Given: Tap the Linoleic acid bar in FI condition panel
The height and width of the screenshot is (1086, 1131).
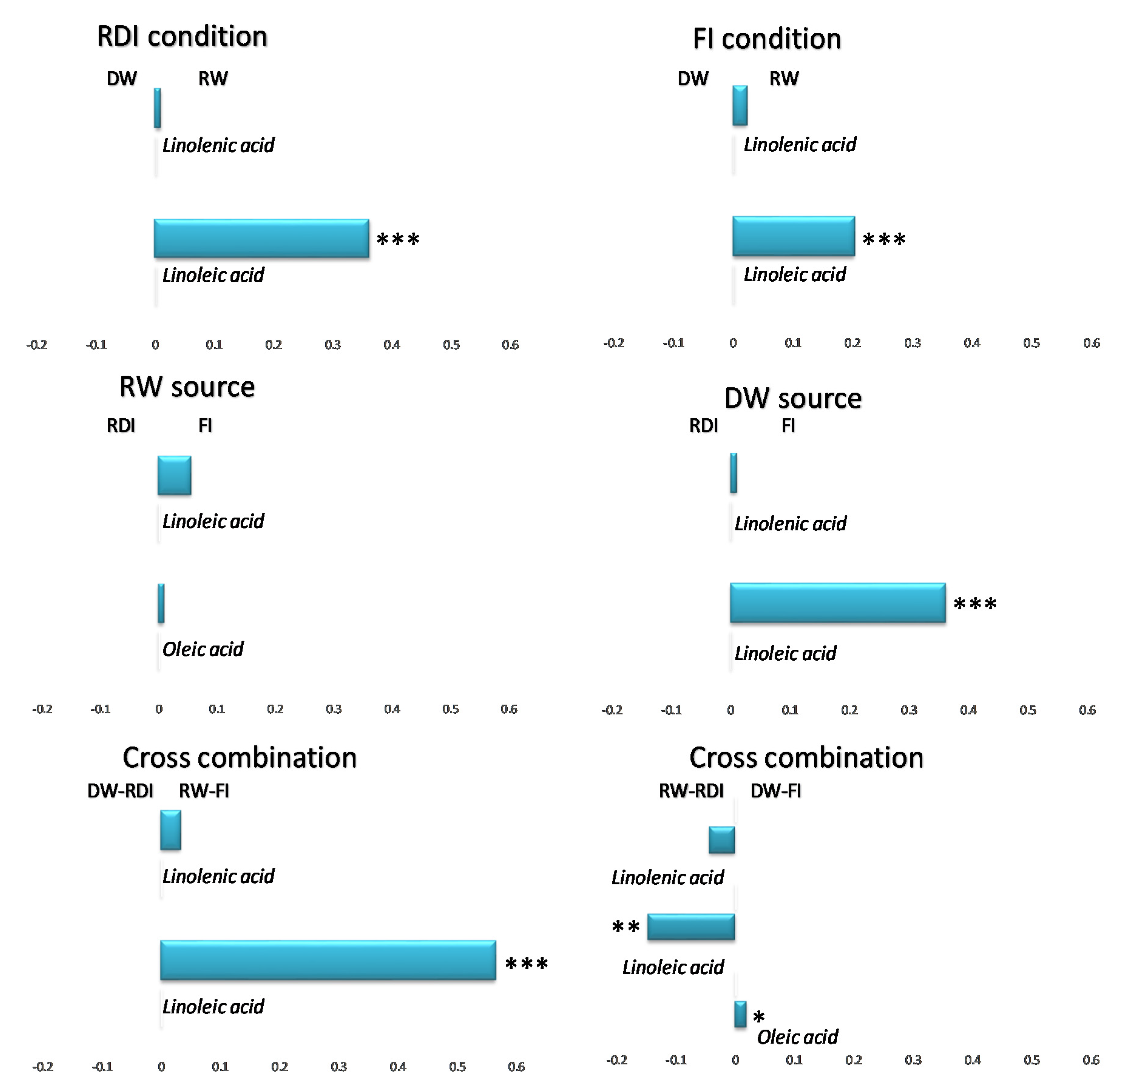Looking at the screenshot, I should coord(793,236).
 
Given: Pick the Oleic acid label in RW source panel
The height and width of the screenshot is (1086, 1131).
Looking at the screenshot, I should coord(203,649).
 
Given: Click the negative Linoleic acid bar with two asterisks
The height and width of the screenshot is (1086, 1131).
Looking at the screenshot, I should coord(691,927).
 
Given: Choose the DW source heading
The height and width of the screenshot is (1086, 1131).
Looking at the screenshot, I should coord(792,398).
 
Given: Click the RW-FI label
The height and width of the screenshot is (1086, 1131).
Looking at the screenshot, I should coord(204,791).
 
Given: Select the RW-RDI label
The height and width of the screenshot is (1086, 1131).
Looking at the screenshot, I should coord(691,791).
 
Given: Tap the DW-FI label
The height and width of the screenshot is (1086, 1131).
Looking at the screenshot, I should coord(775,791).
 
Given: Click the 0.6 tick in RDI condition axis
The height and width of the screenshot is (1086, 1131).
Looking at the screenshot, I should coord(510,345).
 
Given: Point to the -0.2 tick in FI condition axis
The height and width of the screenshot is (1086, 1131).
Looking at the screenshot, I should coord(613,343).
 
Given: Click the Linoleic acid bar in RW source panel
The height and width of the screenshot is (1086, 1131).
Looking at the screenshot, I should coord(174,475).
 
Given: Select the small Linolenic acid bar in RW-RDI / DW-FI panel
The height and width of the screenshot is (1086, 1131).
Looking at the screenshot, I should coord(721,840).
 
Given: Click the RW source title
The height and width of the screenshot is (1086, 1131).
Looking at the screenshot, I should coord(186,387).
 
